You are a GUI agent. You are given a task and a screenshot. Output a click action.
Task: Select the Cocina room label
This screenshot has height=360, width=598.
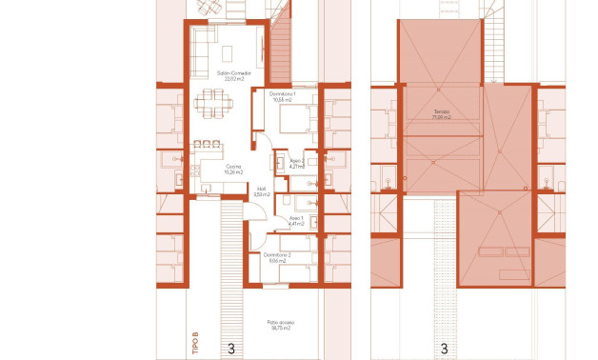pos(233,167)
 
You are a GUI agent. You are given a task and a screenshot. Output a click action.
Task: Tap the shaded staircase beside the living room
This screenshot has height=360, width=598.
pos(279,52)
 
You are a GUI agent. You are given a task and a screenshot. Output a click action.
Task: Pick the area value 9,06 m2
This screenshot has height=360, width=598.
pos(277,261)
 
